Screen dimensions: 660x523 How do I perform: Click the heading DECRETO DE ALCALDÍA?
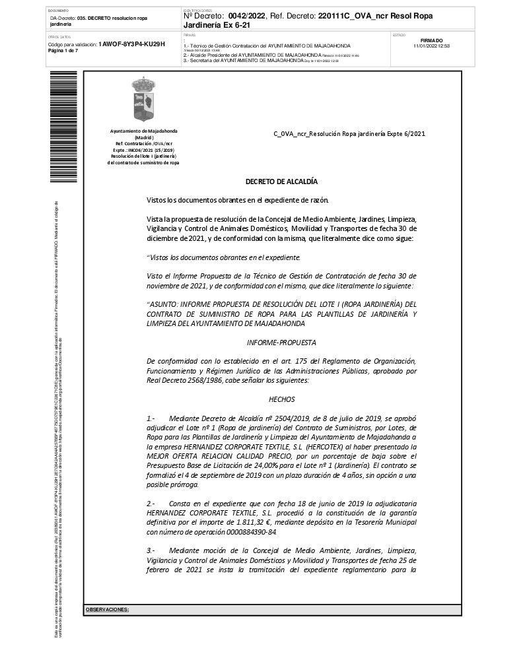click(281, 181)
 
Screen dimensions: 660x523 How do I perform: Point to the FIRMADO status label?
click(431, 40)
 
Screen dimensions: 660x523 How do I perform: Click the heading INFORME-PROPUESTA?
click(281, 343)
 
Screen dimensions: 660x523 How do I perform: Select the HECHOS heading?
click(281, 399)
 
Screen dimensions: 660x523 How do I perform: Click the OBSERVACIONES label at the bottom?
click(107, 609)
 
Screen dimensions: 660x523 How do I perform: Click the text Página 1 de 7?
click(63, 51)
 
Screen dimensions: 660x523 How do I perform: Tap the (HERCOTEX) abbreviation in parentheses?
click(307, 446)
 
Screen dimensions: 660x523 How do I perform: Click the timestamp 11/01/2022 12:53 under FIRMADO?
click(431, 46)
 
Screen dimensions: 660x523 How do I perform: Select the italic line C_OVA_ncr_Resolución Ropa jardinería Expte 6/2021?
click(349, 133)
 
